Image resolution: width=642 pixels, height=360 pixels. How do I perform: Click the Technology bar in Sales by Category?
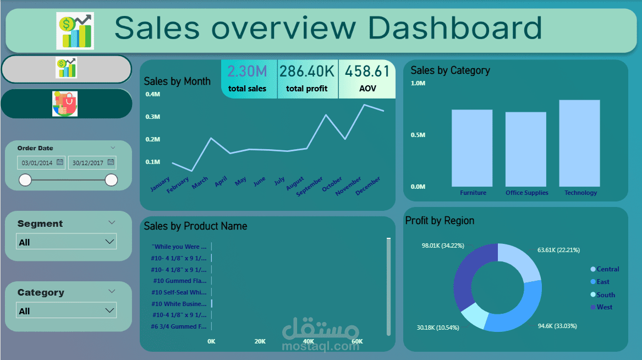pyautogui.click(x=579, y=143)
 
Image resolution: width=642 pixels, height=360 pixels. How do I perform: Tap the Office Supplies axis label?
pyautogui.click(x=526, y=193)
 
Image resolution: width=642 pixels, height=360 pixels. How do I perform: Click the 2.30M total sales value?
pyautogui.click(x=247, y=72)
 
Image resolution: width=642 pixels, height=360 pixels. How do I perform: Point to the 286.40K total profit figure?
pyautogui.click(x=307, y=72)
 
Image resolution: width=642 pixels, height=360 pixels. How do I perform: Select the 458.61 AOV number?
pyautogui.click(x=367, y=72)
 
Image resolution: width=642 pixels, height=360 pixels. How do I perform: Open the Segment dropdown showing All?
pyautogui.click(x=67, y=242)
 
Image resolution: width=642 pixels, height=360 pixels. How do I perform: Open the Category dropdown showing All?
pyautogui.click(x=67, y=310)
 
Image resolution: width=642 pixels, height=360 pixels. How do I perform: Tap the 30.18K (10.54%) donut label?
pyautogui.click(x=438, y=328)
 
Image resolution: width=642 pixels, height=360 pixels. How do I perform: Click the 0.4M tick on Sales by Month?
pyautogui.click(x=152, y=94)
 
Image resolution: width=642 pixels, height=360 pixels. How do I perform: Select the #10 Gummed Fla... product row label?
pyautogui.click(x=179, y=281)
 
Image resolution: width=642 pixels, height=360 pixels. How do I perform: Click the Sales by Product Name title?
pyautogui.click(x=195, y=226)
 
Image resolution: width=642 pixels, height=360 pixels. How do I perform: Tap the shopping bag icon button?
pyautogui.click(x=65, y=104)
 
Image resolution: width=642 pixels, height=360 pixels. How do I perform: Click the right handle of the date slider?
pyautogui.click(x=111, y=180)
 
